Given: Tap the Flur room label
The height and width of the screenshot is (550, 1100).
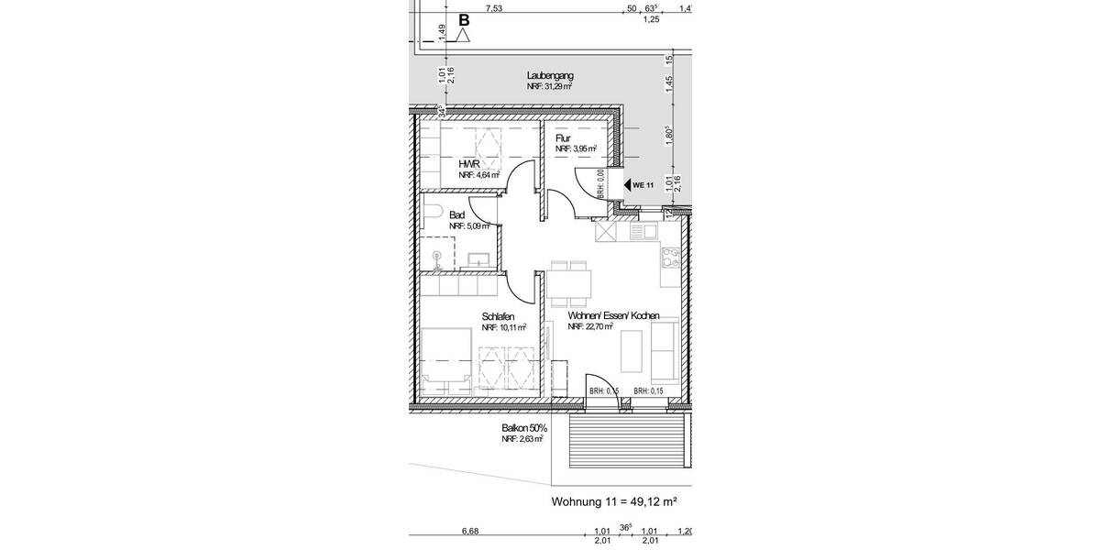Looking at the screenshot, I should (563, 138).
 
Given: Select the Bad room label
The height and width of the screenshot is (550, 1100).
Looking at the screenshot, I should (456, 214).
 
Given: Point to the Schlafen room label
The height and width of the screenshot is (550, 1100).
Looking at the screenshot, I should (498, 315).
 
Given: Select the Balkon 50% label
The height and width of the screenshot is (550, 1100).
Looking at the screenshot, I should (524, 428).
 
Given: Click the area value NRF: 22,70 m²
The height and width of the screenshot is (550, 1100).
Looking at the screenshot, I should (590, 326).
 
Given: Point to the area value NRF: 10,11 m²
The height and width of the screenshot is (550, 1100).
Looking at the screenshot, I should (504, 326).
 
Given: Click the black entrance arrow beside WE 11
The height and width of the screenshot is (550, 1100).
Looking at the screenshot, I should (628, 185).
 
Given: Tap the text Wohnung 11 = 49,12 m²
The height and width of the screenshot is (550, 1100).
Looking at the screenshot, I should (613, 501).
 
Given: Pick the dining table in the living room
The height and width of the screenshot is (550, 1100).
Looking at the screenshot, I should (570, 282).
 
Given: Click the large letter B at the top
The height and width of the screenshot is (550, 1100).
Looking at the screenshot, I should (464, 20).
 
